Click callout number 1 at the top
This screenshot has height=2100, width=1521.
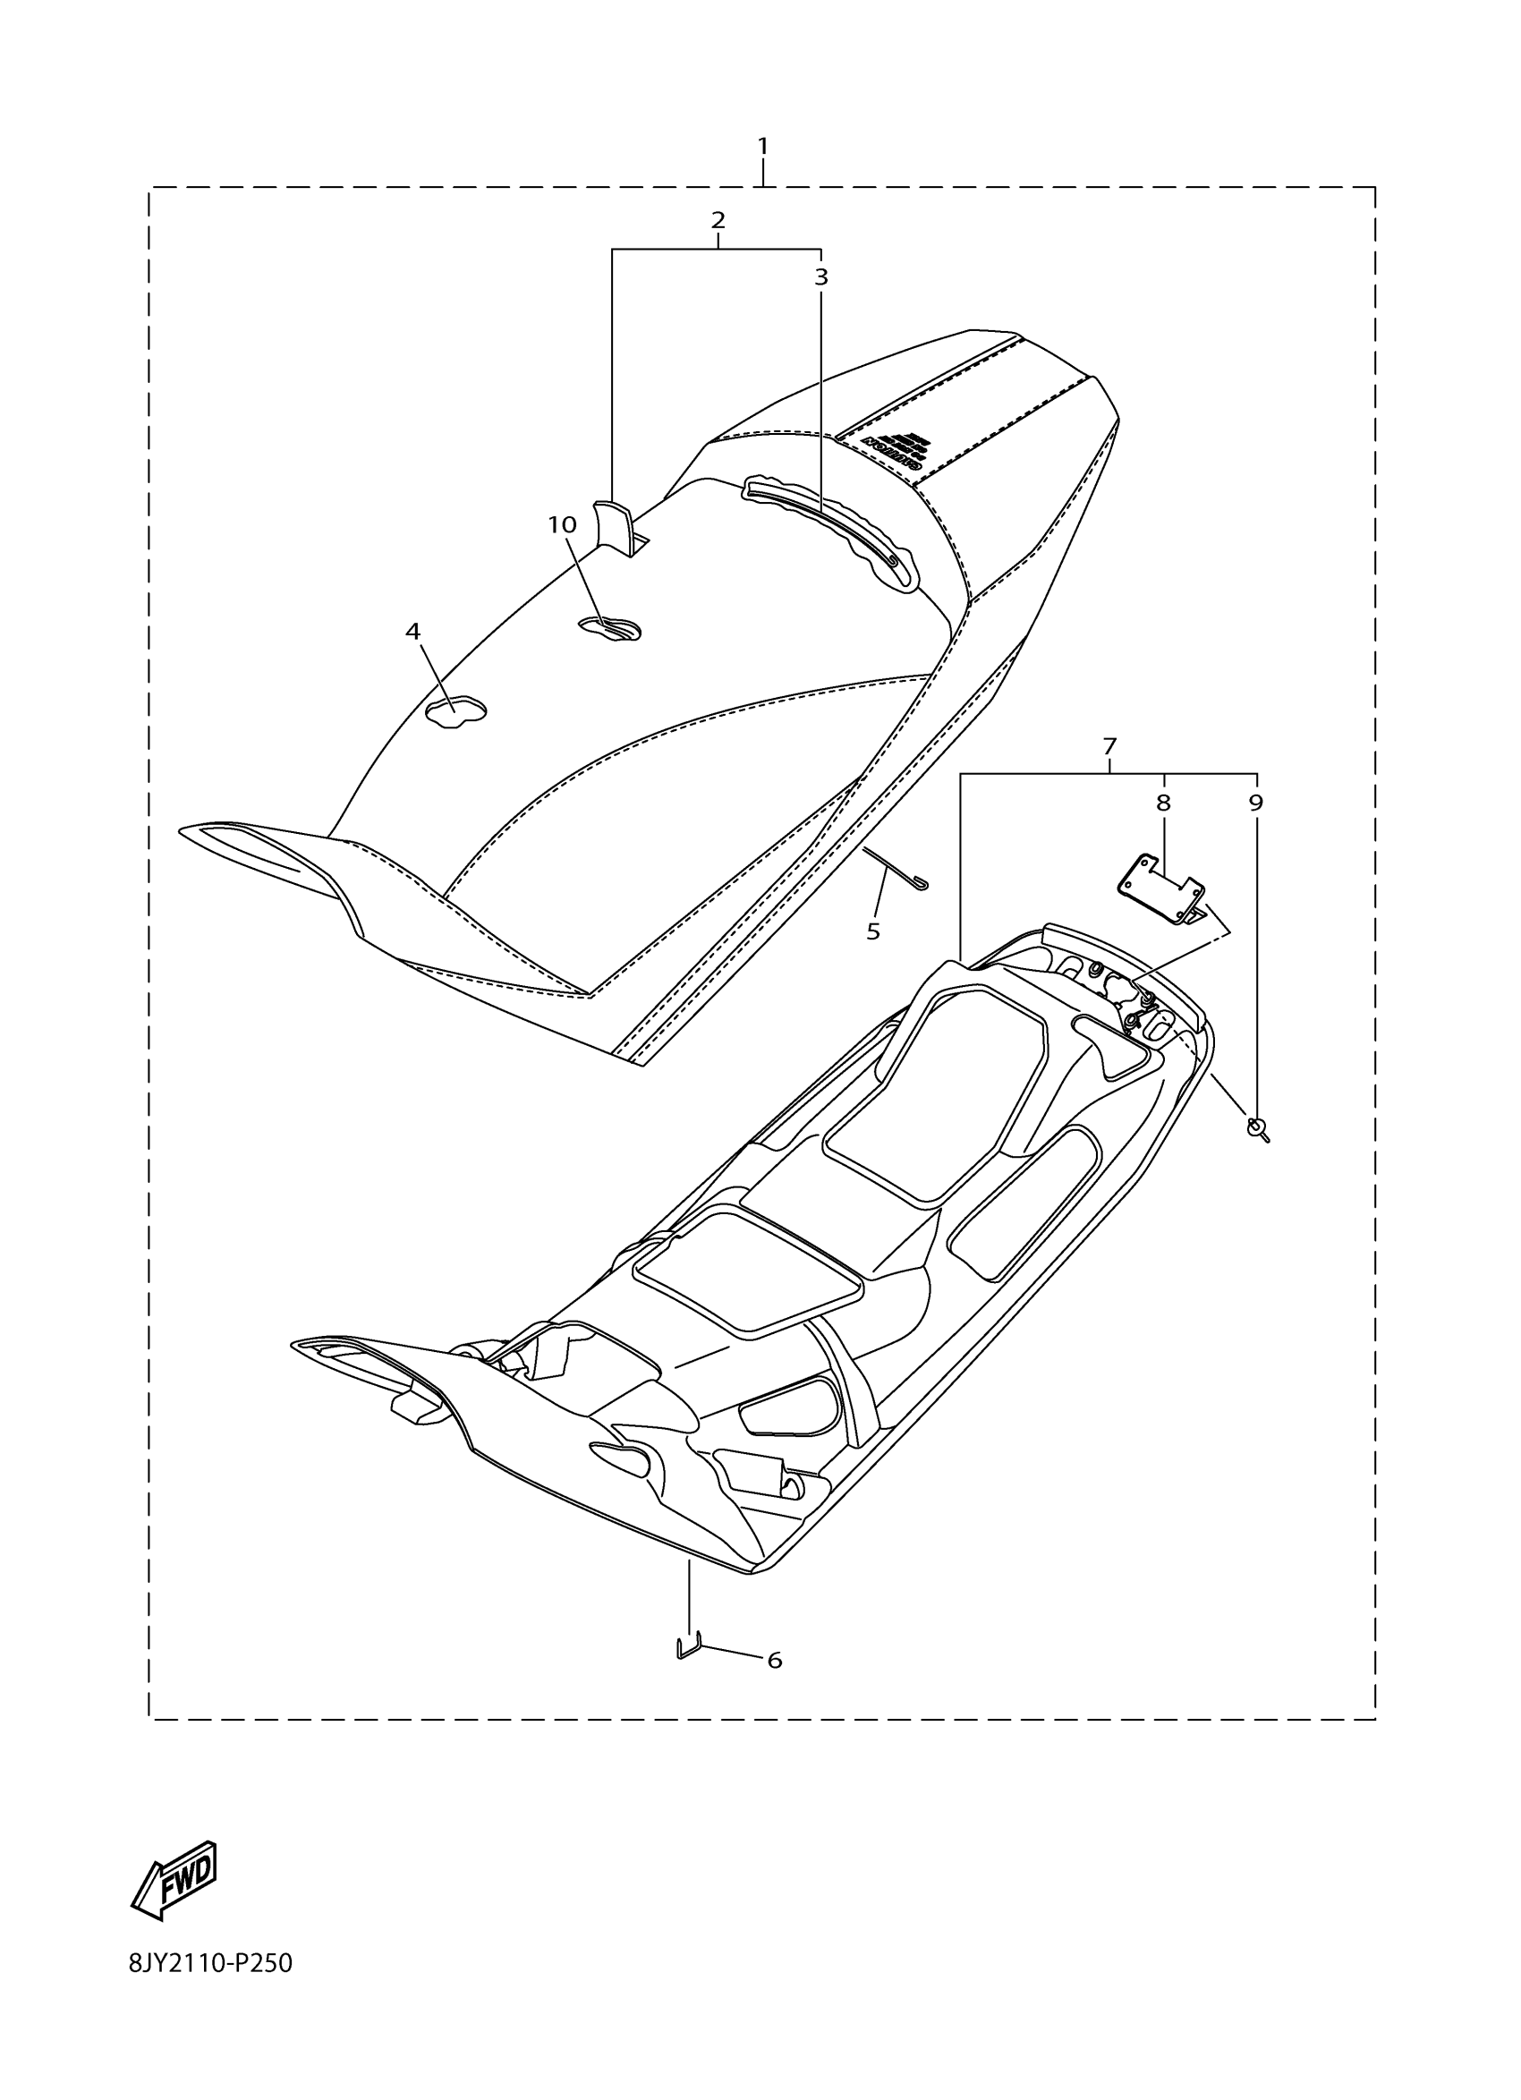point(762,147)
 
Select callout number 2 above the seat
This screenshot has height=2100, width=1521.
point(718,220)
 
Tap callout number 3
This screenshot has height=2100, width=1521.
point(820,276)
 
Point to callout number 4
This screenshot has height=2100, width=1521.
point(412,632)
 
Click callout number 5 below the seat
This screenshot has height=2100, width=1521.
point(873,931)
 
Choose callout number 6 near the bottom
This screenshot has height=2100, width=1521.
point(775,1661)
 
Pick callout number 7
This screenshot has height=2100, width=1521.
point(1109,745)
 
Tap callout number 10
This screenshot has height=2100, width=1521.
point(562,525)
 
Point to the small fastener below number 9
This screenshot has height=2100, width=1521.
point(1258,1128)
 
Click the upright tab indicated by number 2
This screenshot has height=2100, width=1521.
point(612,526)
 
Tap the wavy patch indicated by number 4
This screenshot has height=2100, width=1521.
point(455,711)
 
